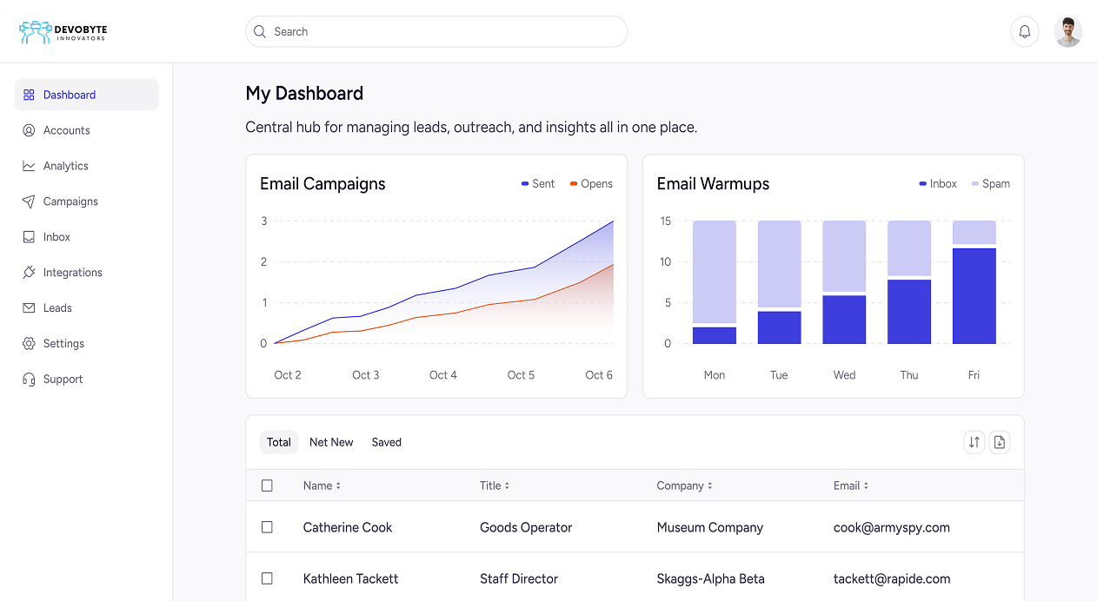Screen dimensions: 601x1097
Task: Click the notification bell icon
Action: click(x=1024, y=32)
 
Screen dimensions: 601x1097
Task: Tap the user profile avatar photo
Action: click(x=1067, y=32)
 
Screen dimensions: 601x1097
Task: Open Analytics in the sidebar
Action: click(x=65, y=166)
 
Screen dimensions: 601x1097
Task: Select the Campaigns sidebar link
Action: click(x=70, y=201)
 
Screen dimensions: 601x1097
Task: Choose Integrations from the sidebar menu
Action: click(x=72, y=273)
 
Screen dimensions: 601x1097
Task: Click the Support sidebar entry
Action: click(x=63, y=380)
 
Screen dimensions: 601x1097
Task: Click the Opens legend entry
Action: click(x=591, y=184)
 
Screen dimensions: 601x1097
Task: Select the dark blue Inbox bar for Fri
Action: click(x=974, y=295)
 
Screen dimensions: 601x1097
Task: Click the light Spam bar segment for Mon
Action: click(x=714, y=271)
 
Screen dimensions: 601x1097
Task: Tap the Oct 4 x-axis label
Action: click(x=443, y=375)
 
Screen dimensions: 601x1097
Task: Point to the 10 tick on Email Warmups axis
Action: click(x=665, y=262)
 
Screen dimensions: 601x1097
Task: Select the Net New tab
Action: click(x=331, y=442)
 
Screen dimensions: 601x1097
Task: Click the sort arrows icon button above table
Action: click(x=974, y=442)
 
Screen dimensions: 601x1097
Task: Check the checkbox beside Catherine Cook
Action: click(x=267, y=527)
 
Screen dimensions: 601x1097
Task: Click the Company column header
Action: click(x=684, y=485)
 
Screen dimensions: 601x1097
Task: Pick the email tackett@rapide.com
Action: click(x=891, y=578)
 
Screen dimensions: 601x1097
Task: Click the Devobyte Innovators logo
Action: click(x=63, y=32)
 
